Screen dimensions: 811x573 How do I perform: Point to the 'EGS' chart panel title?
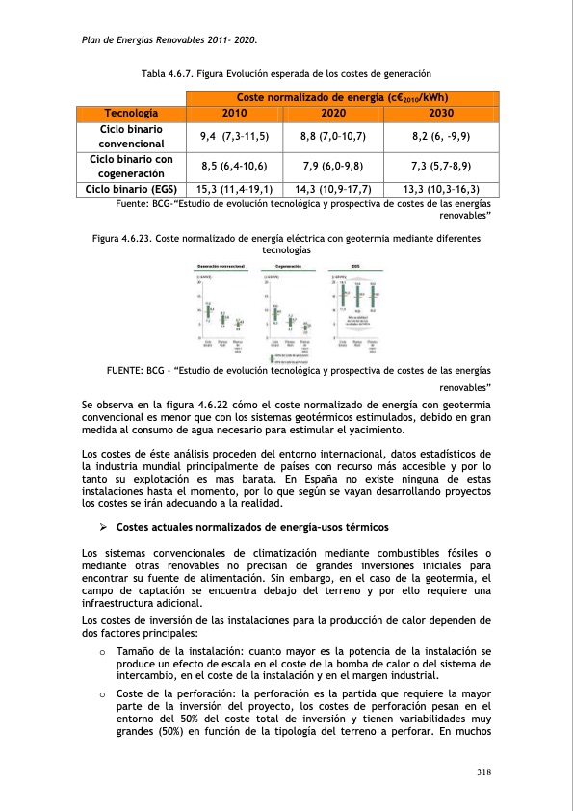(x=354, y=266)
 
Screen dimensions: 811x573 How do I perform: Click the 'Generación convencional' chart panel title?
(x=221, y=266)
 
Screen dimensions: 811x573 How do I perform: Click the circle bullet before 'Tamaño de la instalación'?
(x=102, y=652)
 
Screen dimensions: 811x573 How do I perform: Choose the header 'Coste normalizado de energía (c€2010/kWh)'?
(x=342, y=97)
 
